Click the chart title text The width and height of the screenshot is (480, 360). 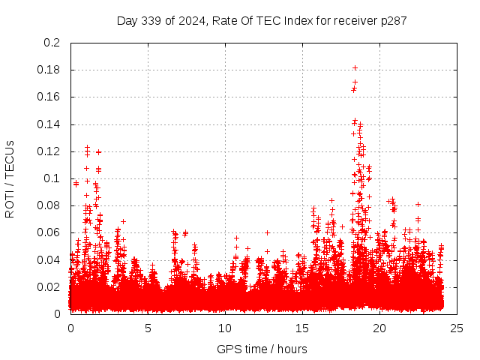[x=262, y=20]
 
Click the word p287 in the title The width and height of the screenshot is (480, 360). [x=394, y=20]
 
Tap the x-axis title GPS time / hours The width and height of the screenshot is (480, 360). [x=262, y=349]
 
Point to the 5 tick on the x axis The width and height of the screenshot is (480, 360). [x=148, y=328]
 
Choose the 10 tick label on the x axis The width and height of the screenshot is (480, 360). [x=225, y=328]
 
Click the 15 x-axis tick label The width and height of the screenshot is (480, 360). [x=302, y=328]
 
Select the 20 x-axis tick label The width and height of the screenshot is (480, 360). [x=379, y=328]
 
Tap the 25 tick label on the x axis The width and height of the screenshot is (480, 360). [x=457, y=328]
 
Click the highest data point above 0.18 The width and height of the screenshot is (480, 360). [x=355, y=67]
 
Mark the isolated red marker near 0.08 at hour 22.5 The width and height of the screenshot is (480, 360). [x=418, y=204]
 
